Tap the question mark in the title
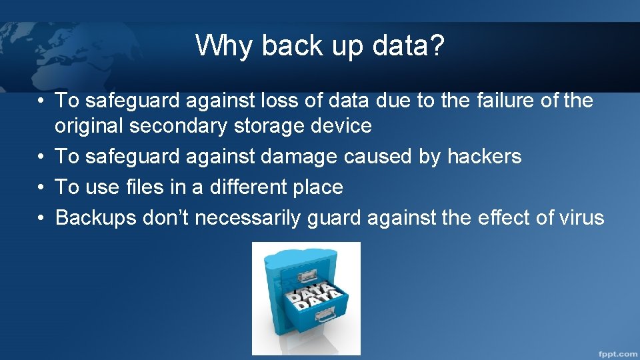coord(437,46)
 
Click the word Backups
coord(95,218)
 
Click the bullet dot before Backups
coord(41,218)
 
